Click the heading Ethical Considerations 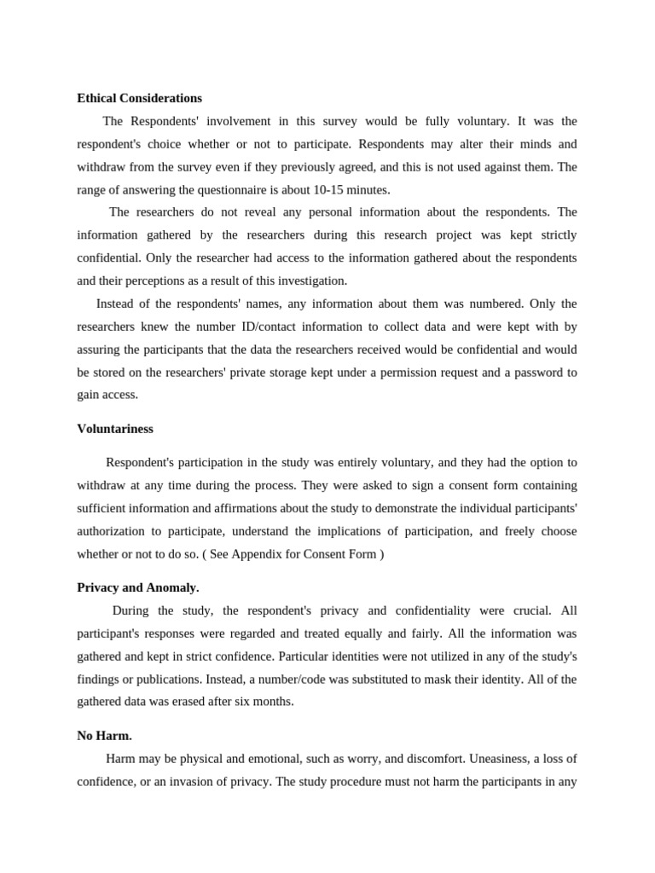(x=139, y=98)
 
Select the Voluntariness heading (x=115, y=429)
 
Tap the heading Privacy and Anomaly (x=138, y=587)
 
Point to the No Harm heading (x=104, y=735)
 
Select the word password (x=539, y=373)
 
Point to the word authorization (x=114, y=531)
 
